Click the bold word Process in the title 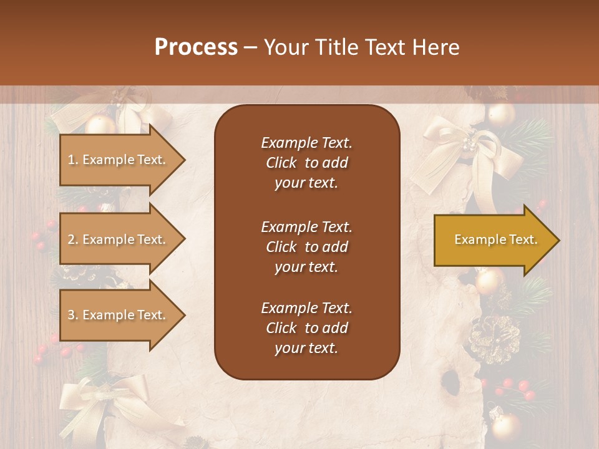coord(196,47)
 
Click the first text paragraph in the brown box coord(306,163)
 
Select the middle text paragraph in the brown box coord(306,246)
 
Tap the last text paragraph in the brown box coord(306,328)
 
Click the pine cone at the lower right coord(494,338)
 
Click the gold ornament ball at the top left coord(100,123)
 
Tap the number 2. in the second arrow coord(72,239)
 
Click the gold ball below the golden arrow coord(490,281)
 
